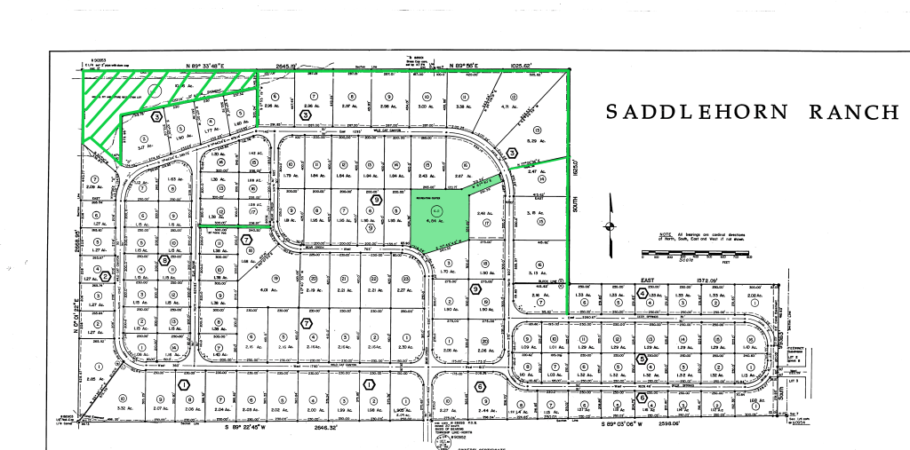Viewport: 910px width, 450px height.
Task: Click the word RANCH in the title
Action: click(854, 112)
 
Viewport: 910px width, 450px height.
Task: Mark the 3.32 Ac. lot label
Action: click(124, 408)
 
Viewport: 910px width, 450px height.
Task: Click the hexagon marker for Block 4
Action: click(643, 294)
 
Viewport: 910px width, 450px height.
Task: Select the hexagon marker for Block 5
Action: click(642, 359)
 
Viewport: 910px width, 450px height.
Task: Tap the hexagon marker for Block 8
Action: click(164, 259)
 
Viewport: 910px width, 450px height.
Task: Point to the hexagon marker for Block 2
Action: click(105, 276)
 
